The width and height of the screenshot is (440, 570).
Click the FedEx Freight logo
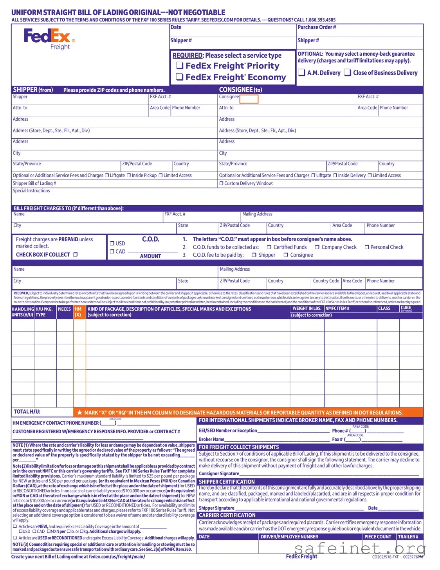[49, 38]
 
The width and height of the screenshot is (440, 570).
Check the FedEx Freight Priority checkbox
[180, 65]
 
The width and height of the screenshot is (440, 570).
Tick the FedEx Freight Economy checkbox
[180, 77]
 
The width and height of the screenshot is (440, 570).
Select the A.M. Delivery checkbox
[301, 72]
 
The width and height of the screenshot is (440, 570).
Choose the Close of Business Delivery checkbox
[347, 72]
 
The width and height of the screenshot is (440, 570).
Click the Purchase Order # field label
[317, 27]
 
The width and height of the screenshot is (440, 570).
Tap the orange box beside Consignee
[249, 99]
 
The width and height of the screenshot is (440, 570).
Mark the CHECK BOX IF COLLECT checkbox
[76, 255]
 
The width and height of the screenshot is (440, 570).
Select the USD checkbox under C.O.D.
[112, 243]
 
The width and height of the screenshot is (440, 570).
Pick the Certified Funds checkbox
[269, 247]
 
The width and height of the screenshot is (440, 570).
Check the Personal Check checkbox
[367, 247]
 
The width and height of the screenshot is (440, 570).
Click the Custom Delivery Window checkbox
[221, 183]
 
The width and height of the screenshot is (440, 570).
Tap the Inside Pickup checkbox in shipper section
[129, 176]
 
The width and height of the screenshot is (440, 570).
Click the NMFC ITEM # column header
[337, 309]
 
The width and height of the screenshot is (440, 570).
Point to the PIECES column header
[64, 309]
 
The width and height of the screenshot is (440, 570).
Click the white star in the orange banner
[79, 413]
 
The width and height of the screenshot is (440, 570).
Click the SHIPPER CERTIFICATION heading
[227, 482]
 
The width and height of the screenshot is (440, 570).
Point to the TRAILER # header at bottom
[408, 537]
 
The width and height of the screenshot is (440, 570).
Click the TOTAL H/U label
[27, 412]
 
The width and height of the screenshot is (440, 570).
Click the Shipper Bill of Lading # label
[34, 183]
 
